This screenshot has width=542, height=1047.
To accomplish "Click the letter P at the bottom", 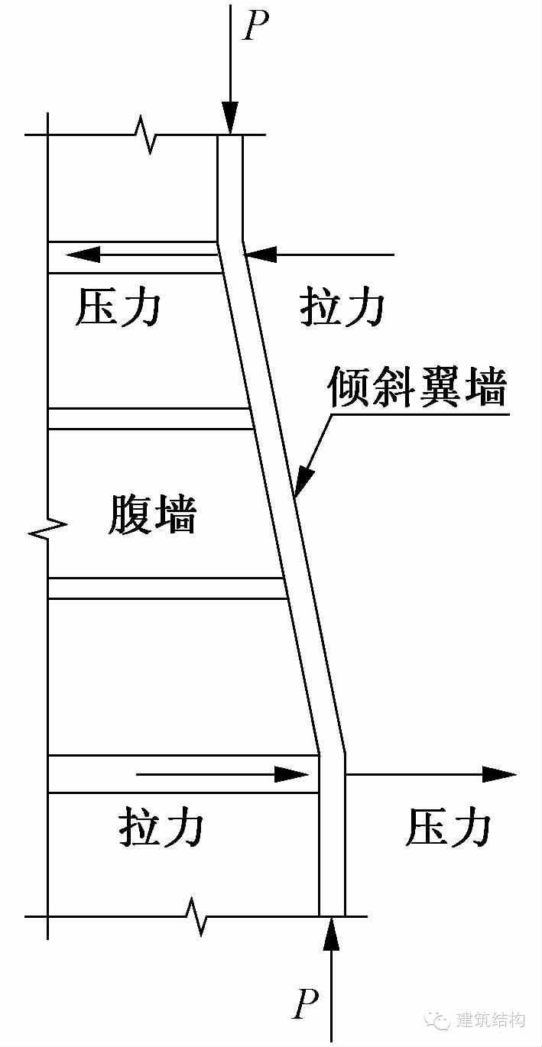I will pos(305,1005).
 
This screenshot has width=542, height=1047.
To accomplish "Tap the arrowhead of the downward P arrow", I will pos(231,122).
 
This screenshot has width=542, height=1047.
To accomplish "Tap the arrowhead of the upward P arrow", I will pos(330,932).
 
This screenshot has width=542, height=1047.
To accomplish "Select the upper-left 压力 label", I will pos(118,309).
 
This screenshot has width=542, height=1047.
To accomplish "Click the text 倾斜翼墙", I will pos(417,387).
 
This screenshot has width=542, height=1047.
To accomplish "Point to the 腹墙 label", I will pos(152,514).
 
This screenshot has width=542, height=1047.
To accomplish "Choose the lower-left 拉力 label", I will pos(162,827).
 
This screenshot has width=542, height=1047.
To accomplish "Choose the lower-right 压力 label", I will pos(447,827).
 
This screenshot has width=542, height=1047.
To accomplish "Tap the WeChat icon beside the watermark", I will pos(443,1021).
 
